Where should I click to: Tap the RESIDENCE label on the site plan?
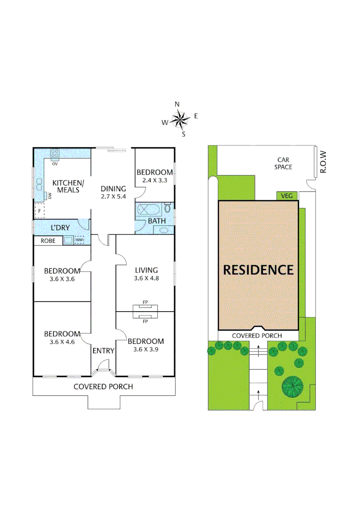pyautogui.click(x=258, y=270)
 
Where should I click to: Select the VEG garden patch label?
pyautogui.click(x=286, y=195)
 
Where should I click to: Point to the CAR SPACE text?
pyautogui.click(x=284, y=163)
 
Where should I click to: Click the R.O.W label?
pyautogui.click(x=323, y=161)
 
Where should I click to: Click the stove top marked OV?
pyautogui.click(x=55, y=153)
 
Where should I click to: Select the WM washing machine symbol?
pyautogui.click(x=79, y=240)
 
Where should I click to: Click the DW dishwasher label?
pyautogui.click(x=50, y=196)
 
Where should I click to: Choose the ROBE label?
pyautogui.click(x=48, y=241)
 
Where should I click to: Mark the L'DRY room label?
pyautogui.click(x=60, y=228)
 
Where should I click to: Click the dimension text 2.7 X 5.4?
pyautogui.click(x=113, y=196)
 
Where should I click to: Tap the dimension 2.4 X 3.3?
pyautogui.click(x=154, y=180)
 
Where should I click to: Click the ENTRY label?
pyautogui.click(x=103, y=350)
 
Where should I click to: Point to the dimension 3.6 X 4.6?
pyautogui.click(x=62, y=341)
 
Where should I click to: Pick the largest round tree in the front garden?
pyautogui.click(x=293, y=386)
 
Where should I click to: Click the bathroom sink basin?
pyautogui.click(x=163, y=230)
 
